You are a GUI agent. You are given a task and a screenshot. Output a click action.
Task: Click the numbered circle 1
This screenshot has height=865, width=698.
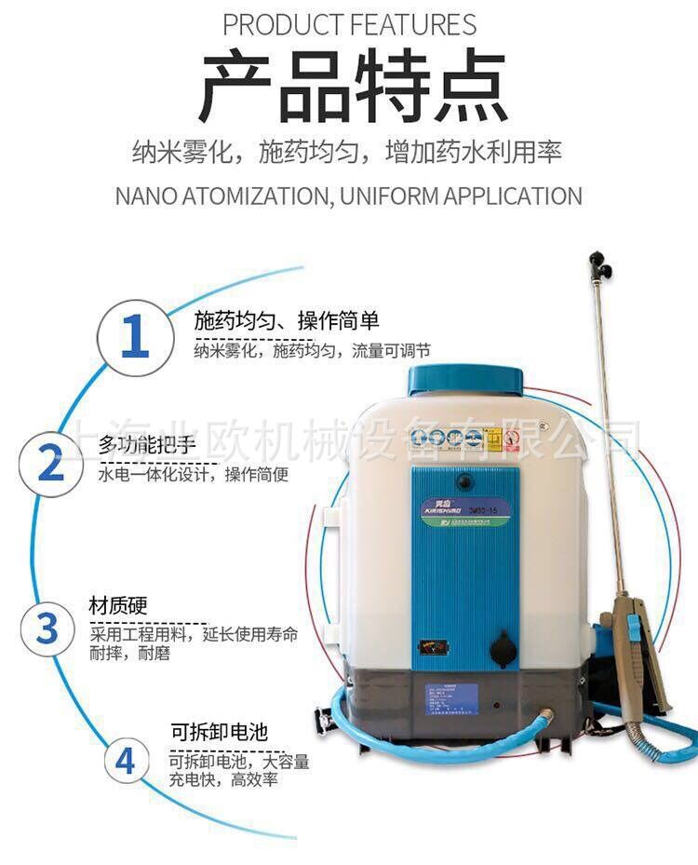tap(136, 337)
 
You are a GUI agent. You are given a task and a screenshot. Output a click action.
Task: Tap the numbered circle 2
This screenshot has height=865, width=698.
tap(51, 463)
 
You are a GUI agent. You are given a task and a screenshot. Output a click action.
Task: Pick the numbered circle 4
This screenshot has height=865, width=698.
tap(125, 761)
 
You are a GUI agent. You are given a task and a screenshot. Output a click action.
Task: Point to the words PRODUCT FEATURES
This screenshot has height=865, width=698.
tap(349, 23)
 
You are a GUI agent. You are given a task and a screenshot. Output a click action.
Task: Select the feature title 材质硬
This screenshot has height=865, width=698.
tap(117, 603)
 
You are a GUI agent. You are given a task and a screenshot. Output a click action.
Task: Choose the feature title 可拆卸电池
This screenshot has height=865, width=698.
tap(212, 731)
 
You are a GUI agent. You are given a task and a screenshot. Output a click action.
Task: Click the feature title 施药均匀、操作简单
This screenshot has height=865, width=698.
tap(287, 321)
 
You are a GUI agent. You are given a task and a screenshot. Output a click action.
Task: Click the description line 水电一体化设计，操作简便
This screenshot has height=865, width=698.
tap(193, 474)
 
